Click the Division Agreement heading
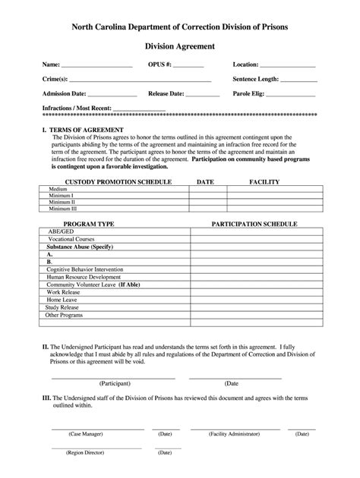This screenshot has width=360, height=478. pos(180,46)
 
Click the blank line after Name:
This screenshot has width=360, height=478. pos(96,67)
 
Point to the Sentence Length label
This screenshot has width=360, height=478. pos(256,79)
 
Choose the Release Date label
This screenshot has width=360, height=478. pos(166,94)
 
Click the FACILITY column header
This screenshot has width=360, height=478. pos(264,182)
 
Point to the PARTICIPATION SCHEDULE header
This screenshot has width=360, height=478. pos(254,225)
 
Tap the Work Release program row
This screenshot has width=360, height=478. pos(64,292)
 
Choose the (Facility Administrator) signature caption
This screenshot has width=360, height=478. pos(238,434)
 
